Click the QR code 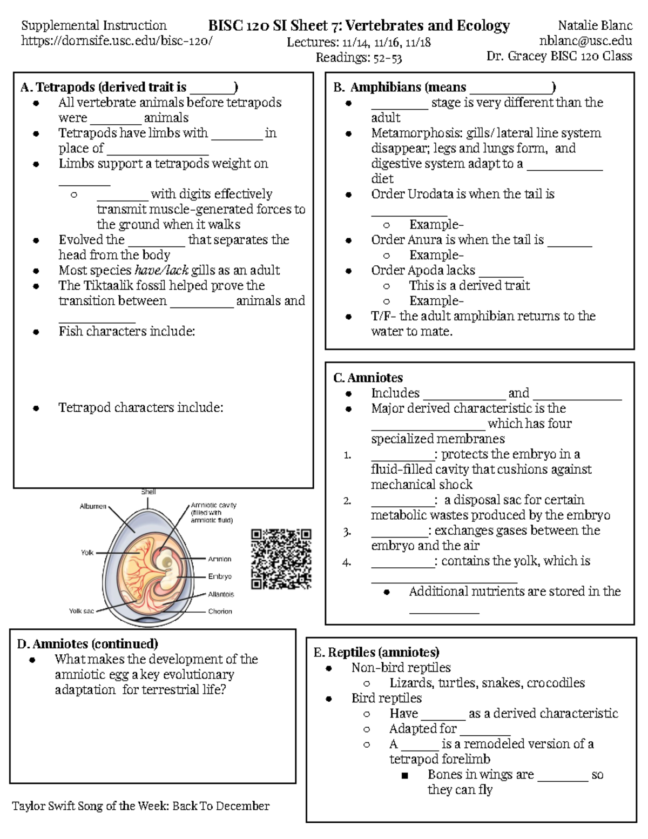[x=281, y=559]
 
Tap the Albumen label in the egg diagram [x=93, y=506]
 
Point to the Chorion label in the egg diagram [x=220, y=612]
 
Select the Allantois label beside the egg [x=221, y=594]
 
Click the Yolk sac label [x=81, y=611]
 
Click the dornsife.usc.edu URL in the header [x=116, y=41]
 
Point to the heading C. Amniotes [x=368, y=378]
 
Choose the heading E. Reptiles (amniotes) [x=376, y=652]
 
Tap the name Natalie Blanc [x=595, y=25]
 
